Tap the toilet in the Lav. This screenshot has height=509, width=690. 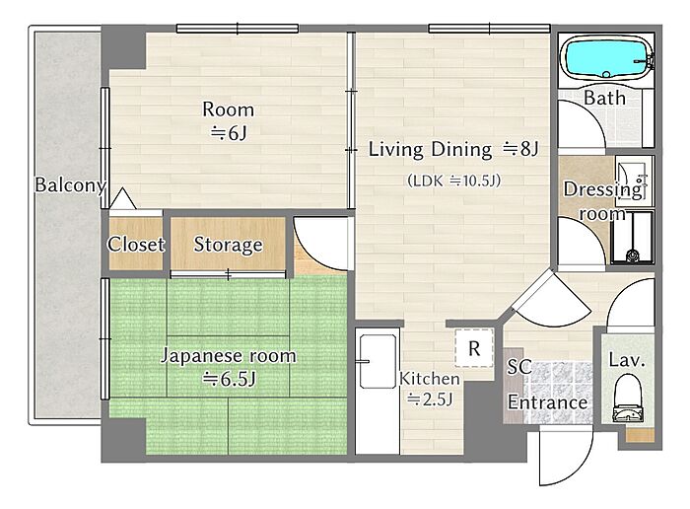(628, 399)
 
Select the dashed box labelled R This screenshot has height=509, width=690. (474, 348)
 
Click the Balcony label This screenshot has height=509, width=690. (70, 184)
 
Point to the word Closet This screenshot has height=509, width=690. (136, 244)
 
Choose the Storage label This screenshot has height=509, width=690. (228, 245)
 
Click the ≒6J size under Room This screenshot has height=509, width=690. (229, 132)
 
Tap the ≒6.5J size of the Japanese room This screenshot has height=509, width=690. (229, 379)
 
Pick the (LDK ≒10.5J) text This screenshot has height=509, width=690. (454, 181)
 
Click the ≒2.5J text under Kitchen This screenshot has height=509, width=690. (430, 399)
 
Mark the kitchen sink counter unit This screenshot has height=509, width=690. (378, 391)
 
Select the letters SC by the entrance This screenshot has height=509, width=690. (519, 367)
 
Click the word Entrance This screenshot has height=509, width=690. (547, 402)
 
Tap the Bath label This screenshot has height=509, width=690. (604, 98)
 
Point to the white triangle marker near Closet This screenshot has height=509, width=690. (123, 198)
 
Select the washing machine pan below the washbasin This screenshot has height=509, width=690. (632, 238)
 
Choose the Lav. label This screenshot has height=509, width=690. (627, 361)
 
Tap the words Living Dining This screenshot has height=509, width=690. (430, 150)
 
